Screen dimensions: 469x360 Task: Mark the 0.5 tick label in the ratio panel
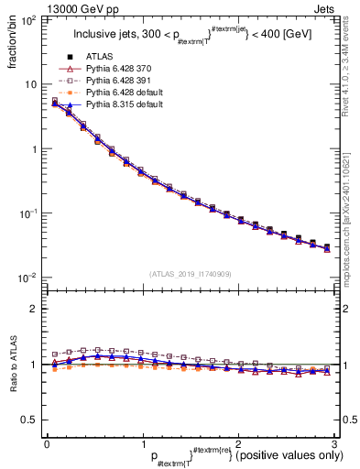click(29, 420)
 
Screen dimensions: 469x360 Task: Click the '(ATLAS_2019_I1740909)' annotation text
click(190, 273)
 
